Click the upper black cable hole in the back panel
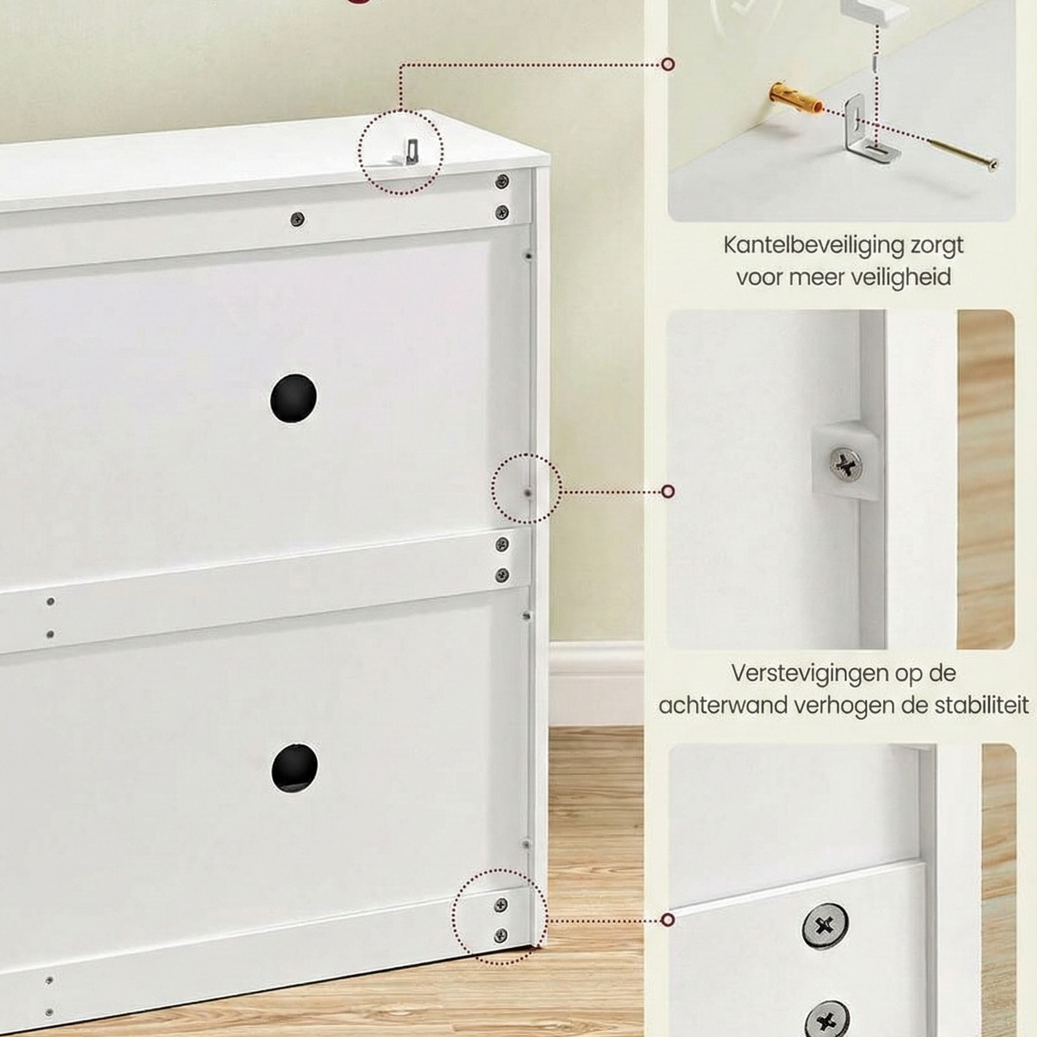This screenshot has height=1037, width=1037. pos(293,398)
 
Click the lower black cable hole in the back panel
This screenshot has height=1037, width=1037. pos(294,767)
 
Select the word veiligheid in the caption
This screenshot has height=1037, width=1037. pos(900,278)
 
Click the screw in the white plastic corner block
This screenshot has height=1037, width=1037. pos(845,464)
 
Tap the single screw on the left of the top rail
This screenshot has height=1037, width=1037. pos(298,218)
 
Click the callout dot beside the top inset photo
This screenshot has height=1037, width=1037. pos(668,64)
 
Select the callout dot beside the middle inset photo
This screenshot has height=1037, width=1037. pos(668,492)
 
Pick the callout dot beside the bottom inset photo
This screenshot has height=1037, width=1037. pos(668,920)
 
